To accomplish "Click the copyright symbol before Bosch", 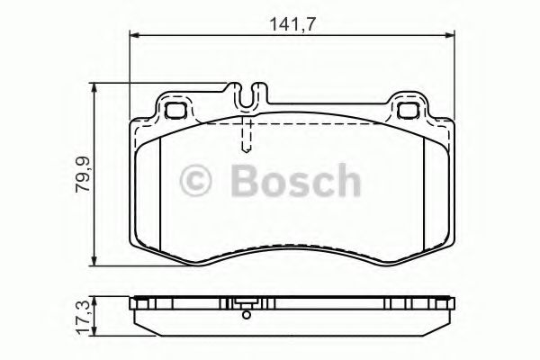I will [x=199, y=183].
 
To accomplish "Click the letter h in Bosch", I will [x=343, y=182].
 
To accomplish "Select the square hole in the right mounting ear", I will [x=408, y=111].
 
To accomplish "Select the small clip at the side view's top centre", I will [x=245, y=302].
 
